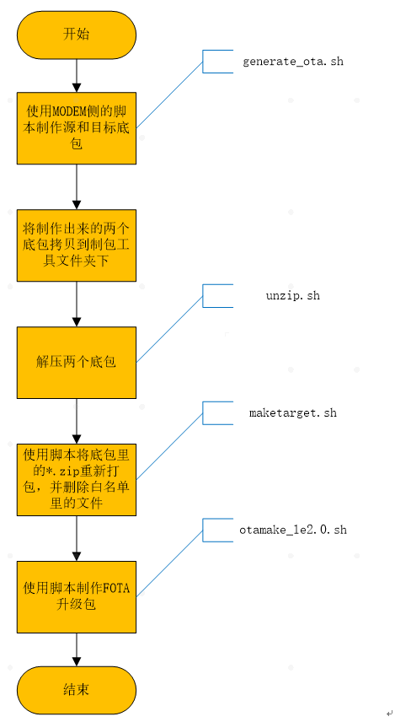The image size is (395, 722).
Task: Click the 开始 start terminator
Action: click(x=77, y=35)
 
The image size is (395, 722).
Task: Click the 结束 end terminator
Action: click(x=77, y=690)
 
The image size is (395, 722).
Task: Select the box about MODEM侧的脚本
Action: click(x=77, y=128)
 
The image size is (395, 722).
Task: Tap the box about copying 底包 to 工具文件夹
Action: click(x=77, y=245)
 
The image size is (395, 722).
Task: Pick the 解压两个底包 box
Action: click(x=77, y=362)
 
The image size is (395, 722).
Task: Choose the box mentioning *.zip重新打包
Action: click(x=77, y=478)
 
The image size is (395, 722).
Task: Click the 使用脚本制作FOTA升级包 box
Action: click(x=77, y=595)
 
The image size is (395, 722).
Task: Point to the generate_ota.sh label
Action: click(x=292, y=62)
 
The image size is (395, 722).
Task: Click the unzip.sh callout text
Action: click(x=292, y=296)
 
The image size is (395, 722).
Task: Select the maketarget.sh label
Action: click(x=292, y=413)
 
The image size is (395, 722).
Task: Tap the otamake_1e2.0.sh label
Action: click(x=292, y=531)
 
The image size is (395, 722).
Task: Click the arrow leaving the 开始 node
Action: click(x=77, y=76)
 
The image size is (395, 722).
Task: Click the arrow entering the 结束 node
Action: click(x=77, y=649)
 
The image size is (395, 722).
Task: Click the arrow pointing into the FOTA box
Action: click(x=77, y=536)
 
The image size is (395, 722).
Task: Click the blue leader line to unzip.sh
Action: click(x=169, y=329)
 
